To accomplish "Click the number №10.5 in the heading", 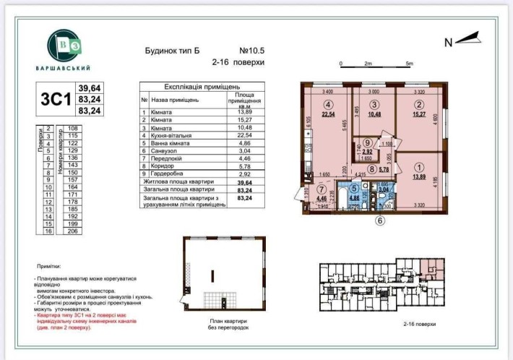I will click(x=253, y=51).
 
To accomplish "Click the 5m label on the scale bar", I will click(x=410, y=64).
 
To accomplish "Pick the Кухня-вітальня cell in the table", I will click(x=174, y=134).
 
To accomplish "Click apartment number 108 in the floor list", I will click(x=72, y=128).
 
